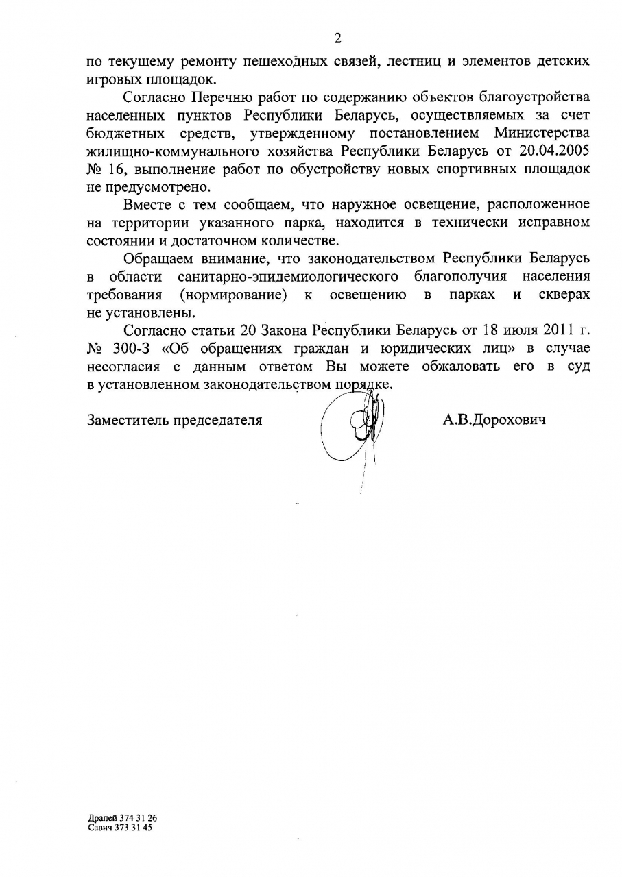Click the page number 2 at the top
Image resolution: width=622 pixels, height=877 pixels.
(337, 38)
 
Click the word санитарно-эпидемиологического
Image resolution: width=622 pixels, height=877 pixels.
(288, 277)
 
